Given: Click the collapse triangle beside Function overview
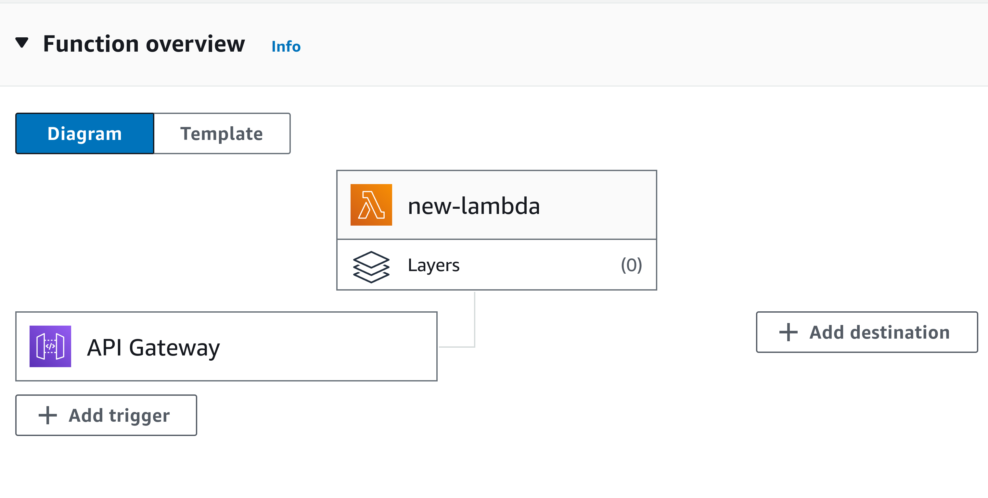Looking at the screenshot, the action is pos(22,42).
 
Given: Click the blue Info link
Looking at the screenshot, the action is pos(286,46).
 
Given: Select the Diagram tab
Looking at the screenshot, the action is pos(85,133).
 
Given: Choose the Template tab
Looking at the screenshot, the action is pos(222,133).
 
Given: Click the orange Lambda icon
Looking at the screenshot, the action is pos(371,205).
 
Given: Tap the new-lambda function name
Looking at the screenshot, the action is pos(474,206).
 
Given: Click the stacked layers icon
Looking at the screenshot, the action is pos(371,267).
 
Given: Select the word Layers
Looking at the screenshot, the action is pos(433,265).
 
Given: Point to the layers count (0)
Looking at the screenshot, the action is pos(631,265).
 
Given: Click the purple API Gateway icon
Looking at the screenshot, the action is pos(50,346).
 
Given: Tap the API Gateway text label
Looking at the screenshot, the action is pos(153,347).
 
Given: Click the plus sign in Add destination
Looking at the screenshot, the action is pos(788,332).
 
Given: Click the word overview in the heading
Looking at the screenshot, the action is pos(195,44).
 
